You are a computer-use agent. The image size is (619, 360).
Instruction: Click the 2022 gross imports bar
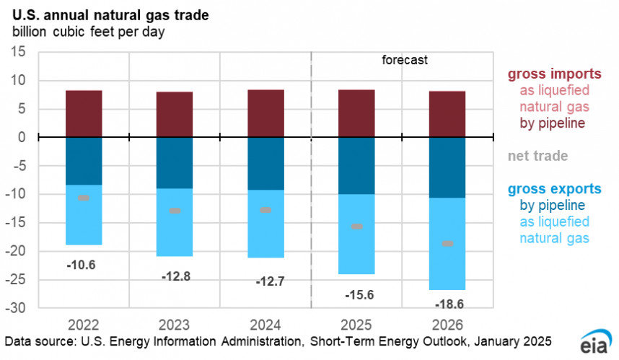click(x=84, y=114)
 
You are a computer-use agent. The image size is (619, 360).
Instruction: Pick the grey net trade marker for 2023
click(x=175, y=211)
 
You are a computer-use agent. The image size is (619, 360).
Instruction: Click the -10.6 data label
click(x=81, y=265)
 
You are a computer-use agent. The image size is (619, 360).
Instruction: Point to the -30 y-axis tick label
click(x=14, y=308)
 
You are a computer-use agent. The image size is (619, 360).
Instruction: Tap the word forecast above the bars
click(x=405, y=61)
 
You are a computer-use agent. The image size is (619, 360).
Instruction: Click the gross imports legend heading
click(x=555, y=74)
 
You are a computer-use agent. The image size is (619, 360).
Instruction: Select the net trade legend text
click(x=537, y=155)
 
